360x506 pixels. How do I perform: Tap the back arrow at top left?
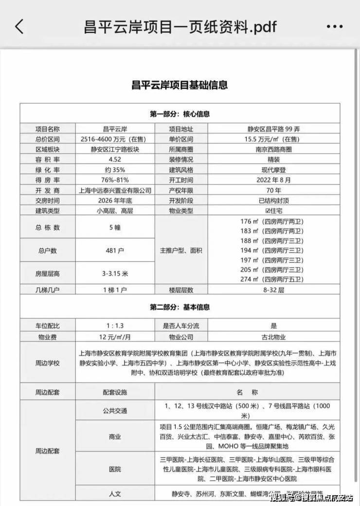19,26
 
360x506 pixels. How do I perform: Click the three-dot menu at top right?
335,27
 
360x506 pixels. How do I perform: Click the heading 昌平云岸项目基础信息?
180,85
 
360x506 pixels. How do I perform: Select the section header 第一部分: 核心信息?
180,114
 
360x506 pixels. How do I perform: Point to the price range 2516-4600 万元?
115,139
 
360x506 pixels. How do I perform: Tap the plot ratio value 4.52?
115,159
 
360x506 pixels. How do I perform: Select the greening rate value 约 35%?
115,170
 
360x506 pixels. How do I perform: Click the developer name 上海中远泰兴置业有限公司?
115,190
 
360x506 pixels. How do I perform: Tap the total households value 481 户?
115,251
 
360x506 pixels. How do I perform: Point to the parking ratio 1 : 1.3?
115,326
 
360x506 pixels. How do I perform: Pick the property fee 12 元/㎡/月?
115,336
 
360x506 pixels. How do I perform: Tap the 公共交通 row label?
115,411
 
